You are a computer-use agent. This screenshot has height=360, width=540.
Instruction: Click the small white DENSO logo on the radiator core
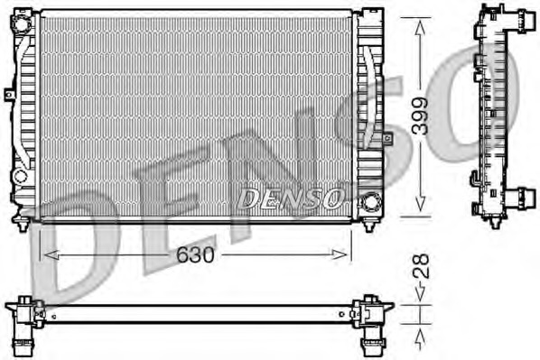(x=289, y=197)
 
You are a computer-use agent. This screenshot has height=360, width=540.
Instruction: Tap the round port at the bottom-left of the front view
(x=21, y=175)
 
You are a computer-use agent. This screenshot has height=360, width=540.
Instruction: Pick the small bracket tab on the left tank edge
(x=9, y=93)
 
